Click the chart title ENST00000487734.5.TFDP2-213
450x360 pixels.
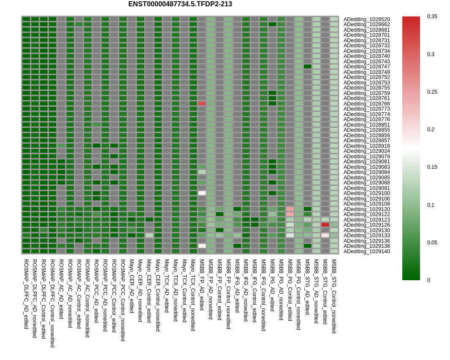(180, 4)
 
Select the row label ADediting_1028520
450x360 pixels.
(366, 19)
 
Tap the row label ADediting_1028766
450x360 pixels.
(366, 103)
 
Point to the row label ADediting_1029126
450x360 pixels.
(366, 225)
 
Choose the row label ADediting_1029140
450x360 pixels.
(366, 251)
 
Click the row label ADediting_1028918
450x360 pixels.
(366, 146)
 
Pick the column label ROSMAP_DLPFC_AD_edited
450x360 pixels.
(26, 294)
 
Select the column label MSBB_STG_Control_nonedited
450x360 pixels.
(334, 296)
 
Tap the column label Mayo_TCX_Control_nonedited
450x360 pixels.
(193, 295)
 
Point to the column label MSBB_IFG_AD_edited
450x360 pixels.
(237, 286)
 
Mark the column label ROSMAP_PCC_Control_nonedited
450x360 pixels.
(123, 300)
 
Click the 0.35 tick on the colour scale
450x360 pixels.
(432, 16)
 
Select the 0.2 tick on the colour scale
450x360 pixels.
(431, 130)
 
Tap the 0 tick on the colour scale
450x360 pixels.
(429, 280)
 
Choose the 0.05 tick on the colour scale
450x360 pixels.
(432, 242)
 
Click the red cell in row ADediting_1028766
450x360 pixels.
(202, 103)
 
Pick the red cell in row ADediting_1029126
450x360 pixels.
(325, 225)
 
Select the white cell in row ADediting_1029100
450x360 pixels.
(202, 193)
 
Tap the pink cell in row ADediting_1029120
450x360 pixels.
(290, 209)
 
